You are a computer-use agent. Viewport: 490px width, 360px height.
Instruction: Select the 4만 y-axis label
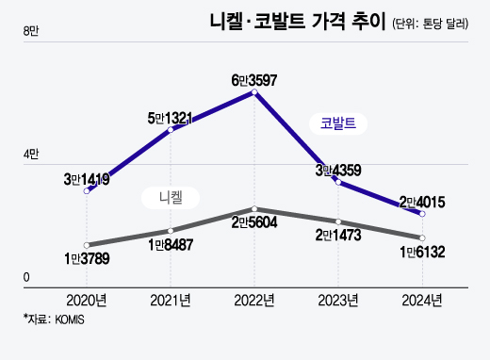pos(31,155)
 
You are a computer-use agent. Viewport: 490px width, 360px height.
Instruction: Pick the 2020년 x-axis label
pos(87,301)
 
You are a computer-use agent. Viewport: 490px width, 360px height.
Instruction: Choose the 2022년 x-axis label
pos(254,301)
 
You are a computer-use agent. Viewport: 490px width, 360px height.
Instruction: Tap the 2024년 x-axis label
pos(422,301)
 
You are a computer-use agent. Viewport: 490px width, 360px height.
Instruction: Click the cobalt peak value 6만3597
pos(256,80)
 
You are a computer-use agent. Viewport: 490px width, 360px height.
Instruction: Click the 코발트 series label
pos(337,122)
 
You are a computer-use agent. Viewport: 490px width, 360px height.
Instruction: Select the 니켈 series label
pos(170,197)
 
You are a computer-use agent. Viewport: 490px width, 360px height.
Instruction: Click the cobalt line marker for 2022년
pos(254,93)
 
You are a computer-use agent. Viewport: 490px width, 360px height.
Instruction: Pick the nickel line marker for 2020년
pos(87,245)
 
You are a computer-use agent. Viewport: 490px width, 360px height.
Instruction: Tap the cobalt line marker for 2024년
pos(422,215)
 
